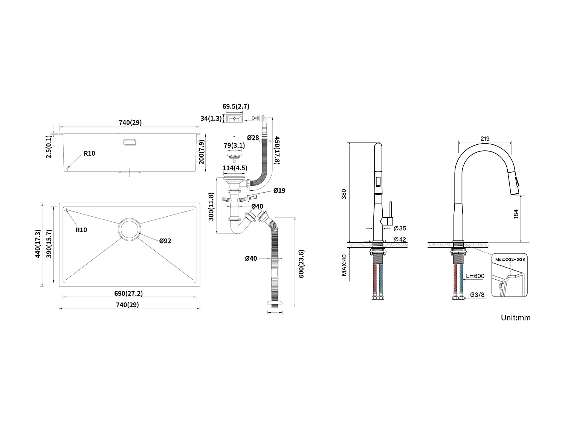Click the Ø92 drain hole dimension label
click(x=165, y=240)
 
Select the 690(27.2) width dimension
click(x=129, y=293)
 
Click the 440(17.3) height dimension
click(x=37, y=243)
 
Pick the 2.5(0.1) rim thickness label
click(x=49, y=147)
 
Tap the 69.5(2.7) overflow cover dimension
click(x=236, y=107)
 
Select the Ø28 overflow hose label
click(x=253, y=138)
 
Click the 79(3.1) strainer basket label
click(x=234, y=145)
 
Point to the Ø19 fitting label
click(x=279, y=191)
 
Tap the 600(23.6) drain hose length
click(x=301, y=264)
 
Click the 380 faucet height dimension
click(x=344, y=194)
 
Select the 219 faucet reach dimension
click(x=485, y=138)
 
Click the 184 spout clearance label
click(x=516, y=214)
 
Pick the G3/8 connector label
click(x=477, y=295)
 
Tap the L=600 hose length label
click(x=475, y=276)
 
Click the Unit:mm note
click(x=515, y=318)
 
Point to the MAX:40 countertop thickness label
click(x=344, y=265)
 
